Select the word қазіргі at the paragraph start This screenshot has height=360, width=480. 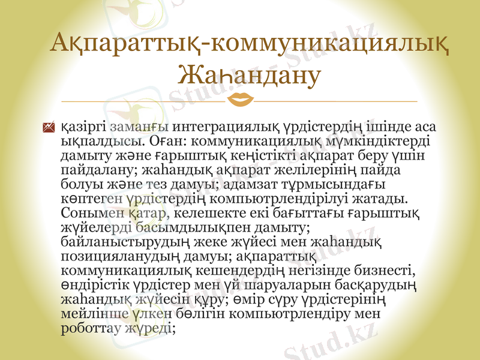coord(83,127)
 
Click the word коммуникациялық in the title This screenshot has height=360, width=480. coord(329,46)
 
